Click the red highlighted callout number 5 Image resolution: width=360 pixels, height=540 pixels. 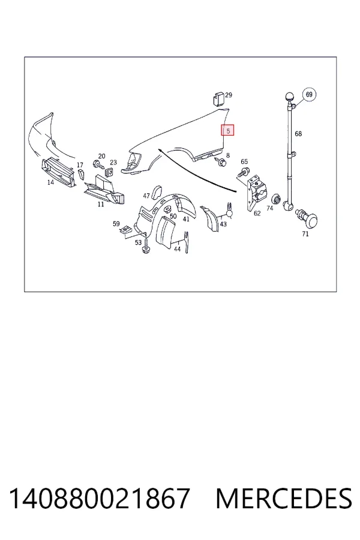click(x=228, y=130)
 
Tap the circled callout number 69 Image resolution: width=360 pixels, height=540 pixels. click(x=309, y=94)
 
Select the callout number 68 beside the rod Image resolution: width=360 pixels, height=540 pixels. click(x=298, y=134)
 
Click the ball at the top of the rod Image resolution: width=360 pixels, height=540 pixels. click(x=289, y=97)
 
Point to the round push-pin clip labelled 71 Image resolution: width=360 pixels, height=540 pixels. click(x=308, y=218)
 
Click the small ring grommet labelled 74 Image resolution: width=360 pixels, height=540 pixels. click(x=275, y=199)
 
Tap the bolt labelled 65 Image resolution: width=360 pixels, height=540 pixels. click(x=245, y=170)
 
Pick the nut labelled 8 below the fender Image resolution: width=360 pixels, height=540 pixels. click(x=221, y=161)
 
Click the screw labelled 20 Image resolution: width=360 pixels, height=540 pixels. click(x=98, y=164)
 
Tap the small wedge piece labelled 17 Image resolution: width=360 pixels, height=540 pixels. click(x=81, y=174)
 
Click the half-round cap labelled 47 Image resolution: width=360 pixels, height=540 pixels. click(x=158, y=191)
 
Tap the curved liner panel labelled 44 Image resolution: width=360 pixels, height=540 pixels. click(x=166, y=232)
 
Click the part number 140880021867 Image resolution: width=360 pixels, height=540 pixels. click(x=99, y=499)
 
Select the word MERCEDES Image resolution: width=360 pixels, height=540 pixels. click(x=284, y=499)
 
